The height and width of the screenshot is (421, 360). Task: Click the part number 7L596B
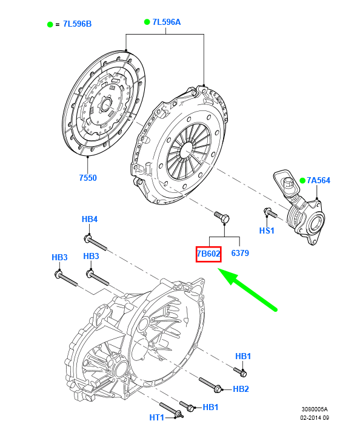pyautogui.click(x=77, y=24)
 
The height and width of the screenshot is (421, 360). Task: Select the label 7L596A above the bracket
pyautogui.click(x=167, y=22)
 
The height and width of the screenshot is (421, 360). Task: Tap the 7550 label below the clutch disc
pyautogui.click(x=88, y=178)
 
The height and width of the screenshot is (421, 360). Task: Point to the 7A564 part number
pyautogui.click(x=318, y=180)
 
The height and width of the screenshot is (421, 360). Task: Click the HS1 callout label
pyautogui.click(x=267, y=231)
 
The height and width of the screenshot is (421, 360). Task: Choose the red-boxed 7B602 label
pyautogui.click(x=208, y=254)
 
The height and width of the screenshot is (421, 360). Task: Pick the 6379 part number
pyautogui.click(x=240, y=253)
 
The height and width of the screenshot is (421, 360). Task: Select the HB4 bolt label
pyautogui.click(x=90, y=219)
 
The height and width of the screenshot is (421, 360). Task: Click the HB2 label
pyautogui.click(x=241, y=389)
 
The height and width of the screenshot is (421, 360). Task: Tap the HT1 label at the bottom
pyautogui.click(x=156, y=417)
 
